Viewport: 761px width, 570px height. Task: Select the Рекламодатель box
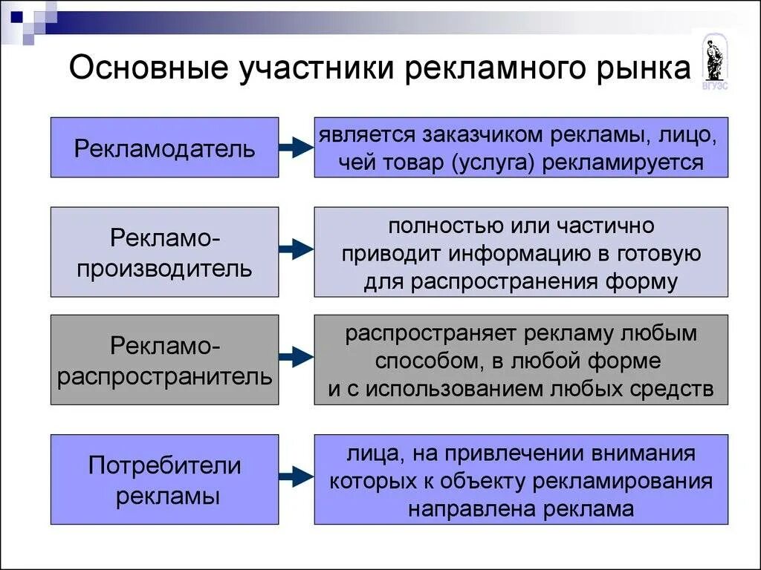pyautogui.click(x=164, y=148)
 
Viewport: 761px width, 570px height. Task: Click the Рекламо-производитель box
pyautogui.click(x=164, y=252)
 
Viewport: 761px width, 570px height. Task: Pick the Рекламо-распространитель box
pyautogui.click(x=164, y=360)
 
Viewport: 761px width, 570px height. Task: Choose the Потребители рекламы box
pyautogui.click(x=164, y=480)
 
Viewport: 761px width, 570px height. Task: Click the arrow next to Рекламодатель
pyautogui.click(x=297, y=148)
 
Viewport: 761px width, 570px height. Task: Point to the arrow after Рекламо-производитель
pyautogui.click(x=297, y=250)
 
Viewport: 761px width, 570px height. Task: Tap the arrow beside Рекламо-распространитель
pyautogui.click(x=297, y=357)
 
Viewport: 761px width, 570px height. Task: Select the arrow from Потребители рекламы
pyautogui.click(x=297, y=476)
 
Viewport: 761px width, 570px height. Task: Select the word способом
pyautogui.click(x=424, y=361)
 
